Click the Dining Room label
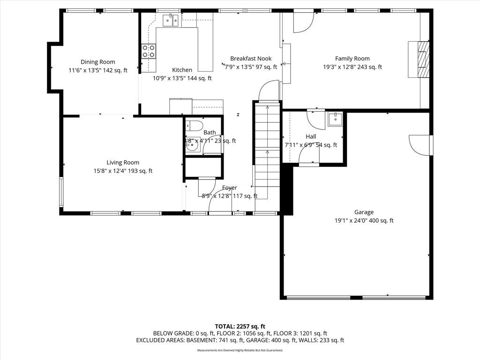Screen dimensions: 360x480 point(97,62)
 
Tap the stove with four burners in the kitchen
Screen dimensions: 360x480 point(149,51)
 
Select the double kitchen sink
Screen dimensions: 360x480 point(170,20)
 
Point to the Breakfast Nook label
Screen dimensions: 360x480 point(251,59)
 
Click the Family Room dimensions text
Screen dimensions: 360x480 point(352,67)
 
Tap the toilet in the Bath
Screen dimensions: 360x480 point(193,126)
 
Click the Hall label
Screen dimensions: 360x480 point(311,136)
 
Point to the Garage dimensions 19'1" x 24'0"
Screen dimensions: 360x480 point(364,221)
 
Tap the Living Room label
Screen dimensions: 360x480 point(123,163)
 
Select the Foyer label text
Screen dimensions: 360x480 point(229,188)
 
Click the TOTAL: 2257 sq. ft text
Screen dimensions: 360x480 point(240,326)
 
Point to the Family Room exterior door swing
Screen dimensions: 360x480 point(303,22)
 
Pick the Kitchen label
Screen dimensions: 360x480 point(182,70)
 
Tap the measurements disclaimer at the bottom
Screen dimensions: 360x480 point(240,350)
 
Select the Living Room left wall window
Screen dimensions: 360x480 point(61,192)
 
